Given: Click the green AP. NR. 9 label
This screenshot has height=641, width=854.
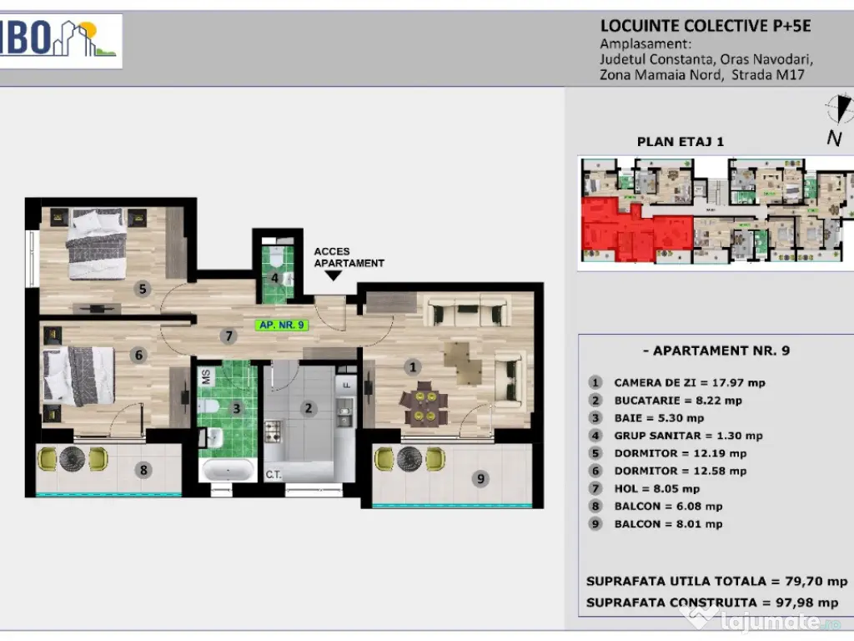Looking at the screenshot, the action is (x=282, y=326).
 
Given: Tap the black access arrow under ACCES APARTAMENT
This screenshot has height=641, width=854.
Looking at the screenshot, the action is (x=333, y=275).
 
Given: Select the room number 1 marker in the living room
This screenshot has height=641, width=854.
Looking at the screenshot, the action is (x=412, y=367).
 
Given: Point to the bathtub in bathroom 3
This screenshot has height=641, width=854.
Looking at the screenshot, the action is (x=227, y=470).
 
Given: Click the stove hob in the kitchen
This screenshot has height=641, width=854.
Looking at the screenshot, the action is (x=273, y=431).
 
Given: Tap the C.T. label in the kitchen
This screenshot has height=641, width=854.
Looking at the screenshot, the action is (x=274, y=475).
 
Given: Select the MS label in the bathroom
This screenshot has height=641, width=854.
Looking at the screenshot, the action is (x=206, y=376).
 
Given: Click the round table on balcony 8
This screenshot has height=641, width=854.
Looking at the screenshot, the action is (x=72, y=459).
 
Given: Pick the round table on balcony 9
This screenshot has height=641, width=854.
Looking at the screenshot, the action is (x=409, y=459).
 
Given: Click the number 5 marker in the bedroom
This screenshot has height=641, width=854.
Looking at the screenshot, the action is (x=143, y=288).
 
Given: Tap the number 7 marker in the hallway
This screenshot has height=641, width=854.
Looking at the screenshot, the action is (x=229, y=336).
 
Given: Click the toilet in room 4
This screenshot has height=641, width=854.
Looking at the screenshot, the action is (x=277, y=255).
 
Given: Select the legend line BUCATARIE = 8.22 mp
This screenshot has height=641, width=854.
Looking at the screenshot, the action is (x=677, y=401).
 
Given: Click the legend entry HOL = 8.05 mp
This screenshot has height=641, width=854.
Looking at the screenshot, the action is (x=657, y=489).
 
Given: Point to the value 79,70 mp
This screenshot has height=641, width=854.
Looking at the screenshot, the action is (x=816, y=582).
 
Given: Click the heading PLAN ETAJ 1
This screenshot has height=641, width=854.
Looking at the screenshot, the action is (x=681, y=142).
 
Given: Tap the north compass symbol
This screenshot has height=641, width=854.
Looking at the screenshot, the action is (x=839, y=109).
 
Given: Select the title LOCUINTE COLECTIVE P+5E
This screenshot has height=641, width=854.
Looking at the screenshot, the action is (x=706, y=26).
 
